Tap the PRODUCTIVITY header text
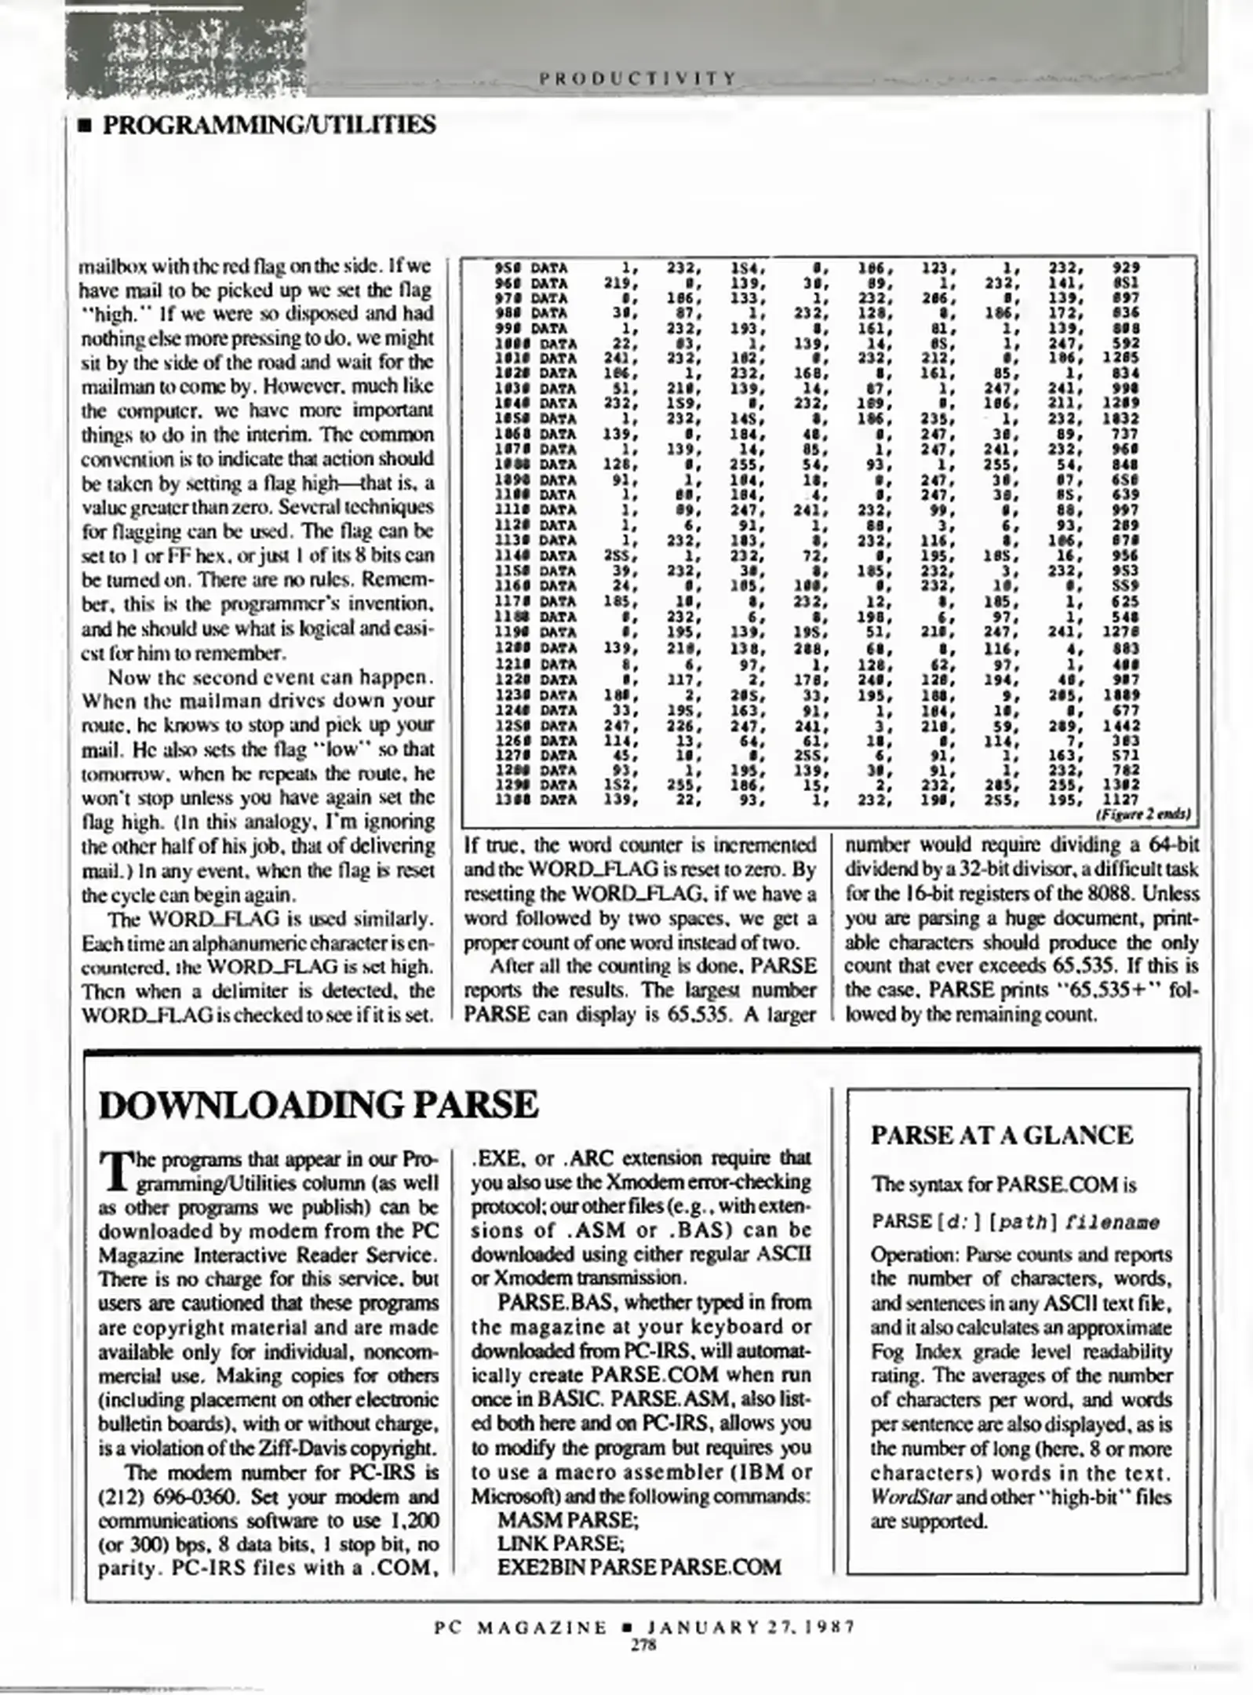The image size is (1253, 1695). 638,78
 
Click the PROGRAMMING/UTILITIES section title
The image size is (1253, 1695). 268,125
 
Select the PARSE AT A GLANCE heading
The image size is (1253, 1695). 1002,1135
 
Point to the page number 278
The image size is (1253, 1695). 643,1646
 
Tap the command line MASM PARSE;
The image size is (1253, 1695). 568,1521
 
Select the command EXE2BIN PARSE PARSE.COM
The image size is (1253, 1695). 639,1568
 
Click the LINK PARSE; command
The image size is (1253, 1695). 560,1544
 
